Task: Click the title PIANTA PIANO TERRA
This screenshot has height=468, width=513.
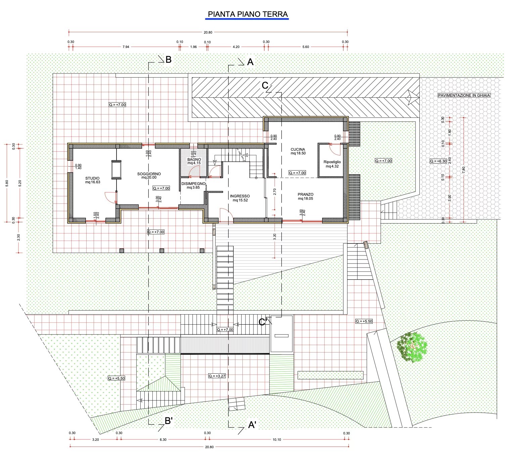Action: (x=247, y=14)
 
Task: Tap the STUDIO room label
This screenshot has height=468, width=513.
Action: (x=93, y=178)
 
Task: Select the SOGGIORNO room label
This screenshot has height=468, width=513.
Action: (x=149, y=174)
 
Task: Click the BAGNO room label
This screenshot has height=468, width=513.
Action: (x=194, y=159)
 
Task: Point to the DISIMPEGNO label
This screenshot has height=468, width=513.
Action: (x=193, y=184)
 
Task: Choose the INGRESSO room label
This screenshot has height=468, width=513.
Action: (x=240, y=196)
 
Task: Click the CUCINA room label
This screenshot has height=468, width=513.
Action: (x=298, y=149)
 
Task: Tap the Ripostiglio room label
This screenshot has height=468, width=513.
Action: (x=332, y=162)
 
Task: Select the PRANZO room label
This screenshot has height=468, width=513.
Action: (x=306, y=194)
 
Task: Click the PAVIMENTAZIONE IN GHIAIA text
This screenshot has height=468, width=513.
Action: (x=464, y=95)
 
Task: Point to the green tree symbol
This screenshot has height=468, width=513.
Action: (x=412, y=347)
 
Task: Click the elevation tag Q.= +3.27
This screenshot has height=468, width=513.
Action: (x=217, y=376)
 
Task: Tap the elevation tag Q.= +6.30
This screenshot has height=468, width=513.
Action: (x=438, y=161)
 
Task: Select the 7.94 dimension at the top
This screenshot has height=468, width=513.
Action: (x=126, y=47)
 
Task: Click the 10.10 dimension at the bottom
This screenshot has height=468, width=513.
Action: (x=277, y=439)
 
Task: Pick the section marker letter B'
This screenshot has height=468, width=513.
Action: (x=169, y=421)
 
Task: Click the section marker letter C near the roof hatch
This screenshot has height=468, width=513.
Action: (x=265, y=85)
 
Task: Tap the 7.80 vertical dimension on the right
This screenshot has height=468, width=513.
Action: (x=463, y=170)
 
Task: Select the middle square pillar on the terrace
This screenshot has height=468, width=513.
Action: (x=161, y=251)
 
